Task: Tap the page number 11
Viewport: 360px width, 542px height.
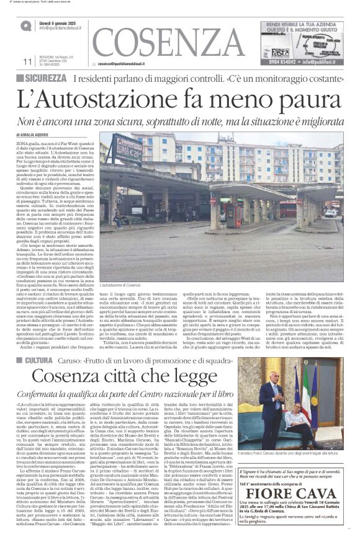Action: (27, 62)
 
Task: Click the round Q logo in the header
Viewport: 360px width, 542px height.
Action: (26, 26)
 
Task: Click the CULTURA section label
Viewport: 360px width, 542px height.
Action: (39, 343)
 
